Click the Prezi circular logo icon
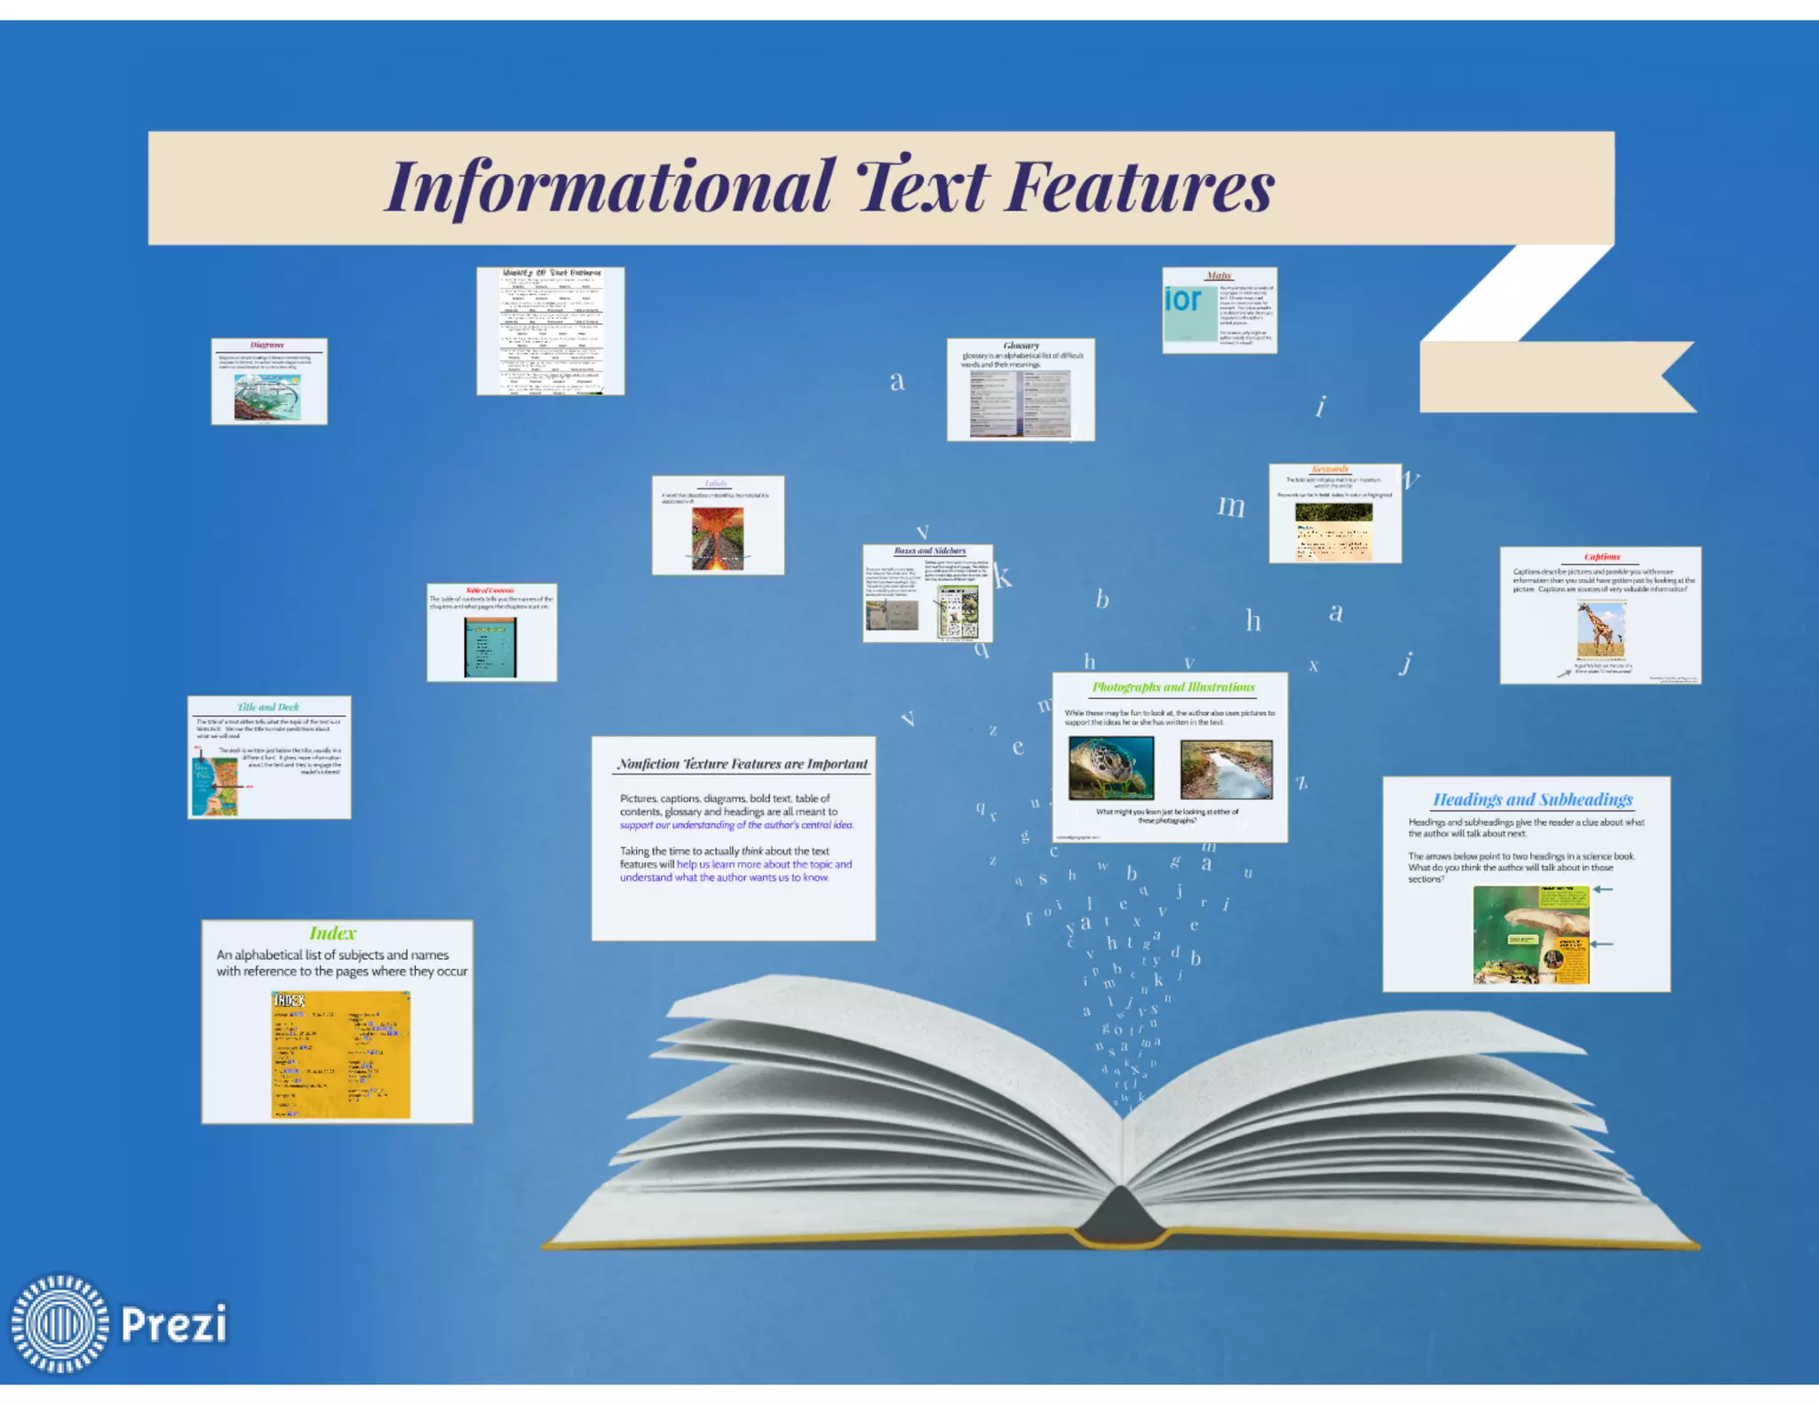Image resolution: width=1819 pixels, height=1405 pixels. click(60, 1323)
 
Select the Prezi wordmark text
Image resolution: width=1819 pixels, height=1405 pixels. click(174, 1324)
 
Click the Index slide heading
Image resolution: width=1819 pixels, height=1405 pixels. click(332, 933)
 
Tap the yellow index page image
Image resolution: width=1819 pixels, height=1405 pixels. click(340, 1054)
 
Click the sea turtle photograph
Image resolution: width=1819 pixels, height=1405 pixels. click(1111, 768)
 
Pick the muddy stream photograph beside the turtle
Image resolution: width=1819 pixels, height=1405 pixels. click(1226, 769)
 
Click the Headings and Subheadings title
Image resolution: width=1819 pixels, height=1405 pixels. click(1532, 799)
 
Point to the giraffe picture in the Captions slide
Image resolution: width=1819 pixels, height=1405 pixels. click(1601, 630)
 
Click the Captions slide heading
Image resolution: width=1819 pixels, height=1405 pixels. click(1601, 557)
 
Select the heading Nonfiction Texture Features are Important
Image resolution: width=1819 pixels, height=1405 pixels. click(743, 764)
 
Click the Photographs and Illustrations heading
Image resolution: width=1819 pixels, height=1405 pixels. click(1172, 687)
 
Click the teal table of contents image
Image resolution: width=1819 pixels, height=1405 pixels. click(489, 647)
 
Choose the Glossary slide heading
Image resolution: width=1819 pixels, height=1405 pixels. click(1021, 345)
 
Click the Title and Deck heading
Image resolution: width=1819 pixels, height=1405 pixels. click(268, 707)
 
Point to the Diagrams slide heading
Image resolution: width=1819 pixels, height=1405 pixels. click(267, 345)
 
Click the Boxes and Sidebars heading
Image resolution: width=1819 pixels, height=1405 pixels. click(929, 551)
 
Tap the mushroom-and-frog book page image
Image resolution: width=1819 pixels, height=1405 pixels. click(1531, 934)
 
